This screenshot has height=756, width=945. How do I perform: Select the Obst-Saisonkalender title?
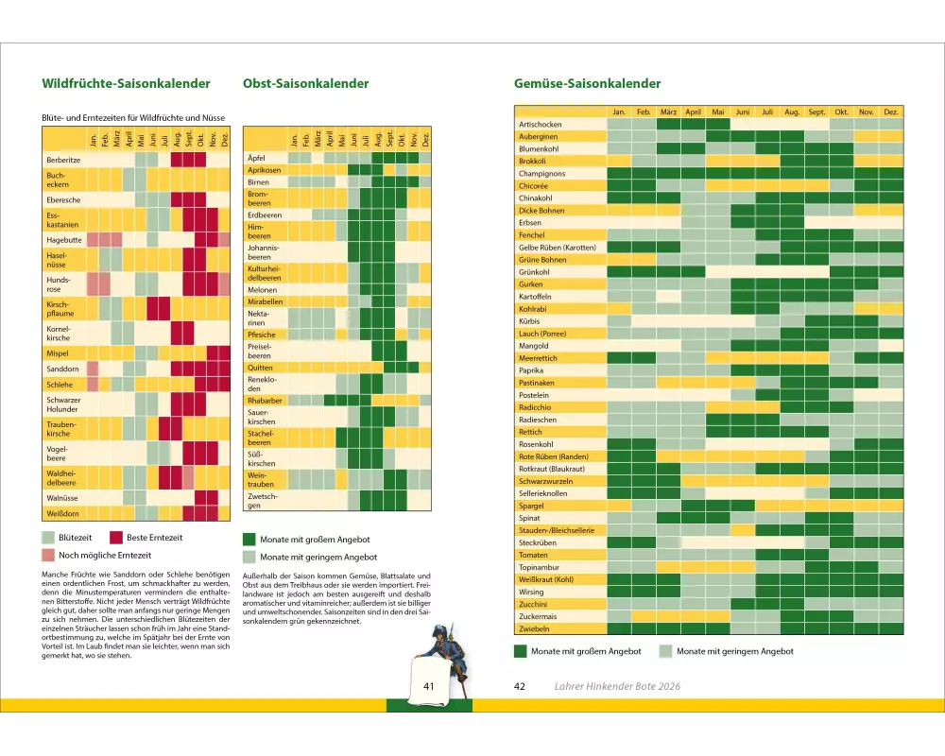(305, 83)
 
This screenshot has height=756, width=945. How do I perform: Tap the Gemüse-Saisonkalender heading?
(587, 83)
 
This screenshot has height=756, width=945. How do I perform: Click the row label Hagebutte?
(63, 240)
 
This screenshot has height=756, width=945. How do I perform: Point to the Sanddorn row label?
(62, 369)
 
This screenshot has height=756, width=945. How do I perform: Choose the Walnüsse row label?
(62, 496)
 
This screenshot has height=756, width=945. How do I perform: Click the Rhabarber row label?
(265, 401)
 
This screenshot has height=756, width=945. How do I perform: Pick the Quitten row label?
(260, 368)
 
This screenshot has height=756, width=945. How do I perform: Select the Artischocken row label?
(541, 125)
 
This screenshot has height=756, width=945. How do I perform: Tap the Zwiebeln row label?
(534, 628)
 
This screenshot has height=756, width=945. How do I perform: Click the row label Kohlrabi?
(535, 309)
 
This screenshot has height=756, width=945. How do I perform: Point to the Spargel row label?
(533, 506)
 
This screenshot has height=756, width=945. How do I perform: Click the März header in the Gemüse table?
(668, 112)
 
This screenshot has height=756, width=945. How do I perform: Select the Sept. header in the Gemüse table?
(816, 112)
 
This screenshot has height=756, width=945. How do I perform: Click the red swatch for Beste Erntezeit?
(116, 538)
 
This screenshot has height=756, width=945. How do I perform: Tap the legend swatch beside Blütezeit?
(48, 538)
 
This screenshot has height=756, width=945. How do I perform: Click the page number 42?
(519, 686)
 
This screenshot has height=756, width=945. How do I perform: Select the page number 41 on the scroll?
(428, 686)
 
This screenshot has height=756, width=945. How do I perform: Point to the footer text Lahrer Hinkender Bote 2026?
(617, 686)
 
